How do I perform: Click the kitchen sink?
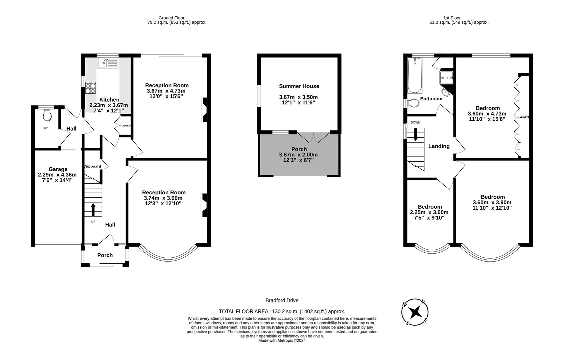click(x=108, y=63)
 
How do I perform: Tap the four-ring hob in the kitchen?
click(x=90, y=88)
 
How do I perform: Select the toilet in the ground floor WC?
click(x=47, y=115)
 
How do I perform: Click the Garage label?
click(x=58, y=169)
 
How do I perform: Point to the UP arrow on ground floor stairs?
click(x=93, y=210)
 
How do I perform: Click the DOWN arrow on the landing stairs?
click(x=415, y=135)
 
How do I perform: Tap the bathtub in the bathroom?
click(x=415, y=76)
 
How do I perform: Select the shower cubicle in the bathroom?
click(x=446, y=77)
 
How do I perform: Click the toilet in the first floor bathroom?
click(x=413, y=103)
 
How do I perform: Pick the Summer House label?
click(x=299, y=86)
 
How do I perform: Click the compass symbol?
click(x=415, y=312)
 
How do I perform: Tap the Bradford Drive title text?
click(x=282, y=300)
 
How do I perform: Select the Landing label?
click(x=439, y=146)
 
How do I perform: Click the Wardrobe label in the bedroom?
click(x=524, y=117)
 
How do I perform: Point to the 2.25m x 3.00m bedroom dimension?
click(x=429, y=212)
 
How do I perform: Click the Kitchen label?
click(x=109, y=100)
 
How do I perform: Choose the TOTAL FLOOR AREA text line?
click(x=282, y=311)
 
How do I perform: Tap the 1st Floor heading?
click(x=452, y=18)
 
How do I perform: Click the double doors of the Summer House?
click(x=313, y=137)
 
